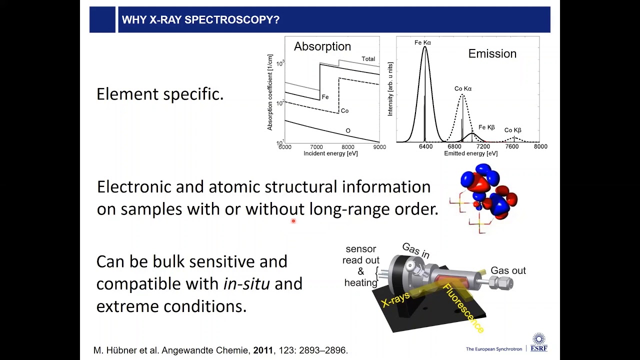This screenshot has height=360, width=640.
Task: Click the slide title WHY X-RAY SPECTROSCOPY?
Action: click(x=200, y=20)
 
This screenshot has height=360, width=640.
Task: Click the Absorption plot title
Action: click(x=322, y=46)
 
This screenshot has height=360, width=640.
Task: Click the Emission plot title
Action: click(x=492, y=54)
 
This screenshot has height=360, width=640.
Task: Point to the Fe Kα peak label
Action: click(x=422, y=42)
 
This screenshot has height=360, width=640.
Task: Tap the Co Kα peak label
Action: click(x=463, y=89)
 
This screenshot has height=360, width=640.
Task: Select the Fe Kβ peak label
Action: click(x=486, y=127)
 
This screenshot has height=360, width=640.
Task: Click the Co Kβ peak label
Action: click(x=512, y=130)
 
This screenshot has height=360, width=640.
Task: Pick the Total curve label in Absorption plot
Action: click(x=368, y=59)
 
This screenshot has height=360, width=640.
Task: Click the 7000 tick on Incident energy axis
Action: click(x=316, y=147)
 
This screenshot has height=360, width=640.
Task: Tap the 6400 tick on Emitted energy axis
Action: click(x=425, y=147)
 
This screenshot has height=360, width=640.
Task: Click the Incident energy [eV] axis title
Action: click(x=330, y=153)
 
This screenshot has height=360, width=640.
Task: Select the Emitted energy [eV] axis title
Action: click(x=470, y=153)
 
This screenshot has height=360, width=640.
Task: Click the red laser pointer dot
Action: click(x=293, y=220)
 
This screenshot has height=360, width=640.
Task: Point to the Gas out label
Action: click(x=508, y=270)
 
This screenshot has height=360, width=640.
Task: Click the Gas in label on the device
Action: click(x=415, y=251)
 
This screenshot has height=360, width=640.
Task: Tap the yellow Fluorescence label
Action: click(x=463, y=308)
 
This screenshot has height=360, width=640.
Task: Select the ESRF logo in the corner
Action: click(x=538, y=343)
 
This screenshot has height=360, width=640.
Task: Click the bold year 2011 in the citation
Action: click(x=263, y=350)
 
